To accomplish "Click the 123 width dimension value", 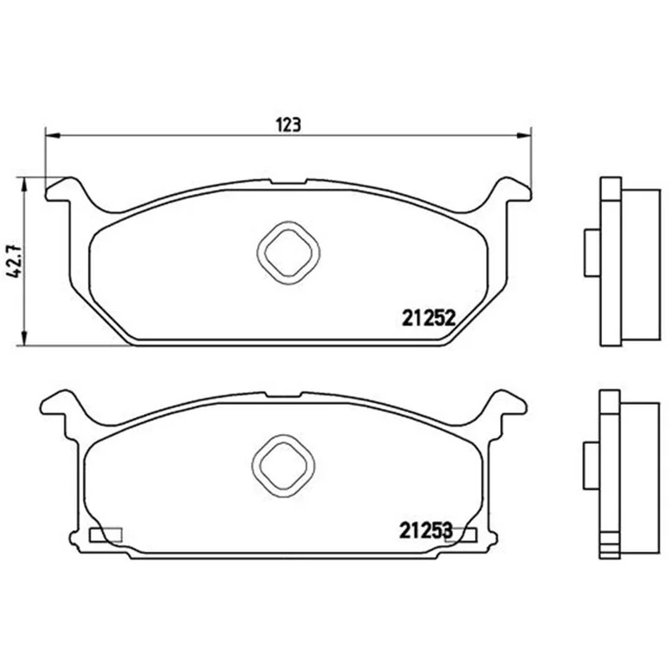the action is (289, 125).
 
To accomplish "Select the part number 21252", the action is (429, 318).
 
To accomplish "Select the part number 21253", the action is (426, 530).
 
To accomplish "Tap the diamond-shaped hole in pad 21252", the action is (289, 253).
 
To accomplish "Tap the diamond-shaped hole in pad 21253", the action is (283, 466).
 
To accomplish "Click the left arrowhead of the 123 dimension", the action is (52, 135).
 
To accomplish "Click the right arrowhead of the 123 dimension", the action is (524, 135).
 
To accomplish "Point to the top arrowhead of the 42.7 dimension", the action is (25, 185).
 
